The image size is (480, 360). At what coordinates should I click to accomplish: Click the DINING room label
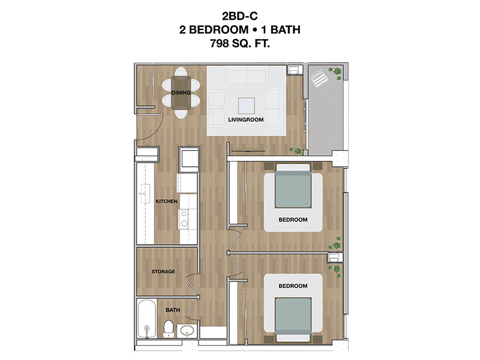pos(181,92)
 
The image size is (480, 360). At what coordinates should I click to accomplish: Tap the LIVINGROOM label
pos(246,119)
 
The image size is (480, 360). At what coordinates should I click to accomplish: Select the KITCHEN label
pos(167,202)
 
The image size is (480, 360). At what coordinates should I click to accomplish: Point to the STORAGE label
pos(163,272)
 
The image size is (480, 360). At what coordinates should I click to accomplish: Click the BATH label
pos(173,310)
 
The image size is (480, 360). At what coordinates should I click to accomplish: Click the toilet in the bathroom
pos(169,328)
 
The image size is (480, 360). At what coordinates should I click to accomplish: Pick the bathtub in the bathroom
pos(147,319)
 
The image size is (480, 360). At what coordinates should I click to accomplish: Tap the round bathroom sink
pos(187,331)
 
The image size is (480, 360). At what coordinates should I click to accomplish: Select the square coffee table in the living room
pos(247,106)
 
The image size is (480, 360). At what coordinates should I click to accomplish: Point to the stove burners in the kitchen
pos(184,218)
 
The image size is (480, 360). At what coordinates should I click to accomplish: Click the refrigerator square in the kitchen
pos(189,157)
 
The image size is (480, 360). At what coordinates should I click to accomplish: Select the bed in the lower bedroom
pos(293,319)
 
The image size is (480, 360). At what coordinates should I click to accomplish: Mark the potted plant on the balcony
pos(337,72)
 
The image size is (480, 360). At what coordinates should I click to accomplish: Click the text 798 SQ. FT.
pos(239,43)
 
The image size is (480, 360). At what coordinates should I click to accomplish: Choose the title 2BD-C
pos(239,16)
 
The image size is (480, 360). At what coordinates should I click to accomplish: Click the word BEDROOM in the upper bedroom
pos(293,220)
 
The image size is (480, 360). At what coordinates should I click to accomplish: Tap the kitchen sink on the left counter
pos(145,194)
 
